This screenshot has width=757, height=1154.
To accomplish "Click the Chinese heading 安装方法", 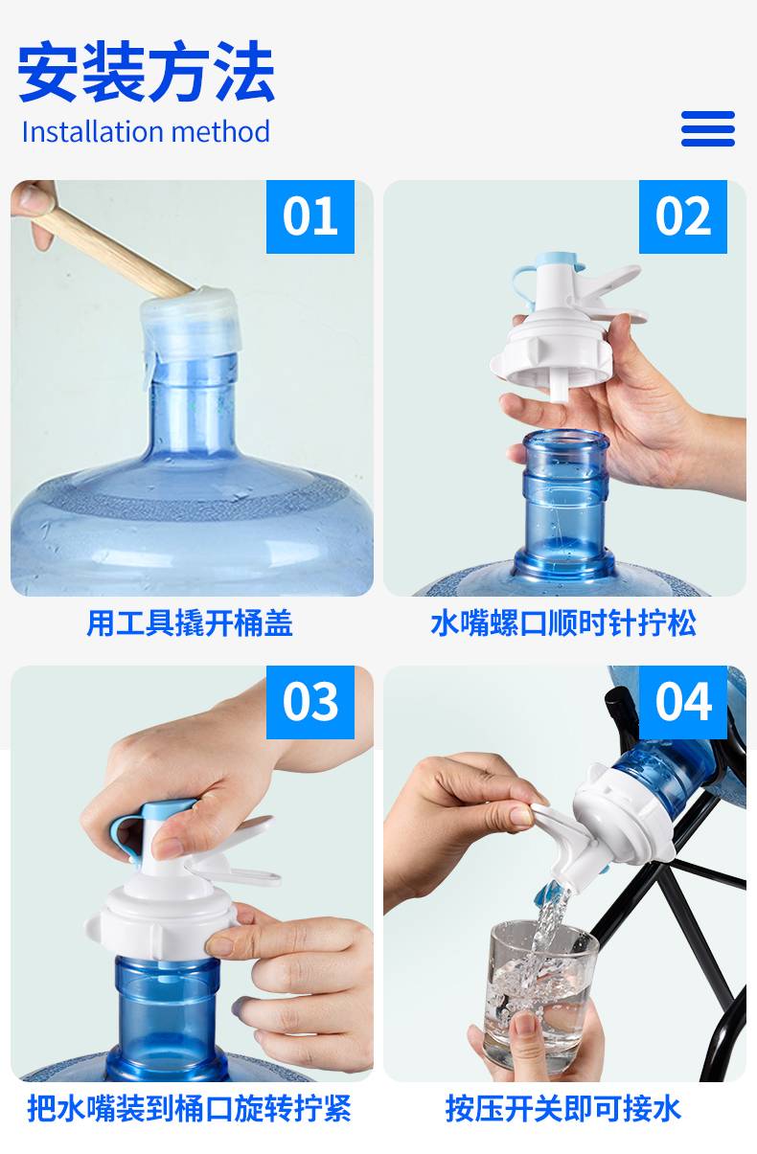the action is [146, 71].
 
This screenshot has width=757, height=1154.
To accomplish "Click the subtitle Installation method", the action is [146, 132].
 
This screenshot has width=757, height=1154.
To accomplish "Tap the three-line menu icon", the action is [708, 128].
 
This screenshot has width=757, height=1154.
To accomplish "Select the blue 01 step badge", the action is [310, 216].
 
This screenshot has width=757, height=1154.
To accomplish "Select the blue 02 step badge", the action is [683, 216].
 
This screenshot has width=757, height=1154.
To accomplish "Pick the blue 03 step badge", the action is [310, 702].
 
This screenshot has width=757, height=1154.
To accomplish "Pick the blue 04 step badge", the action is [683, 702].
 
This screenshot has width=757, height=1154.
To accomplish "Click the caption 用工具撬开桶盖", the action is [190, 623].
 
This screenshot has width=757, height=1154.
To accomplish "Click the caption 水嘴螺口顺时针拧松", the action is [563, 623].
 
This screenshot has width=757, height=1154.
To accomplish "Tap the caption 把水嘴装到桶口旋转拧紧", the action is [189, 1108].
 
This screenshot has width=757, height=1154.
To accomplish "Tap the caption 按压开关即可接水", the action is [563, 1108].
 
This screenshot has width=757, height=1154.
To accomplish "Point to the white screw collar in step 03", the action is [161, 923].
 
